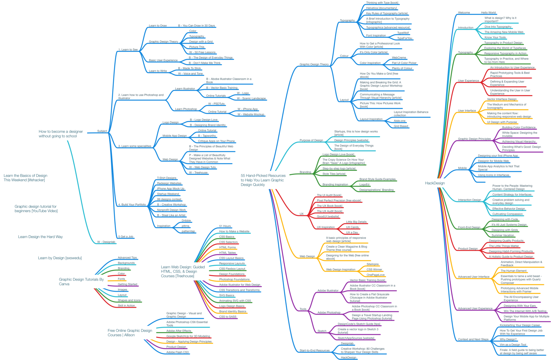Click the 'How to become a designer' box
[61, 134]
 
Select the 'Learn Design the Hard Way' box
[40, 237]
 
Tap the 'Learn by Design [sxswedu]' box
[60, 258]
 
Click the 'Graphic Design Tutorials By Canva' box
[81, 281]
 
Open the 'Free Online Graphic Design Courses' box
[130, 333]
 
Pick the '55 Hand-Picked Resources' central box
[263, 180]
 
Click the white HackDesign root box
[435, 183]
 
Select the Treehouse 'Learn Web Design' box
[183, 271]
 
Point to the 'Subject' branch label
[102, 131]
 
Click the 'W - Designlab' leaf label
[106, 242]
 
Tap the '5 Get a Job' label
[126, 237]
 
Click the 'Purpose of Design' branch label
[311, 140]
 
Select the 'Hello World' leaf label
[488, 13]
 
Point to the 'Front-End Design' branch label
[469, 228]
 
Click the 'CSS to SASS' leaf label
[228, 317]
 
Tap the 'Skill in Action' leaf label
[126, 305]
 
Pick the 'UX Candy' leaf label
[352, 227]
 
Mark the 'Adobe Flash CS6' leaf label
[177, 352]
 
